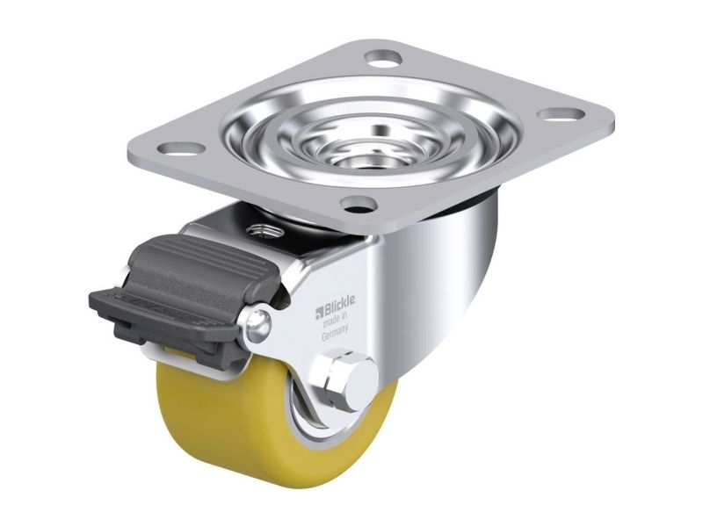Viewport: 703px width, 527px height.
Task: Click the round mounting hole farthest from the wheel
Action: [383, 57]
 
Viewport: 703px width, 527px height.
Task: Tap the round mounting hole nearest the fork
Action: [358, 205]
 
